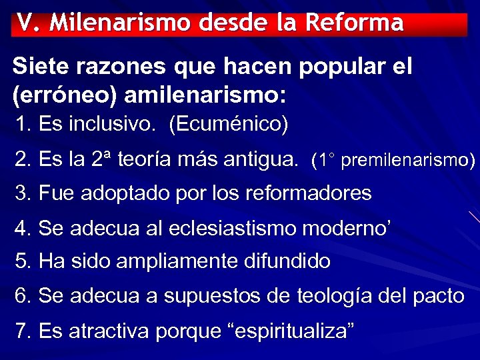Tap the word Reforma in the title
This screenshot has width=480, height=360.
click(x=354, y=23)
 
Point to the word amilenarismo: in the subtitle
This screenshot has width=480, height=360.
click(x=205, y=95)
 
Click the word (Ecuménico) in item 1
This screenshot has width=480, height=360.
click(x=229, y=125)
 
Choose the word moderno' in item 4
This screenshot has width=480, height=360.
click(x=350, y=228)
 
